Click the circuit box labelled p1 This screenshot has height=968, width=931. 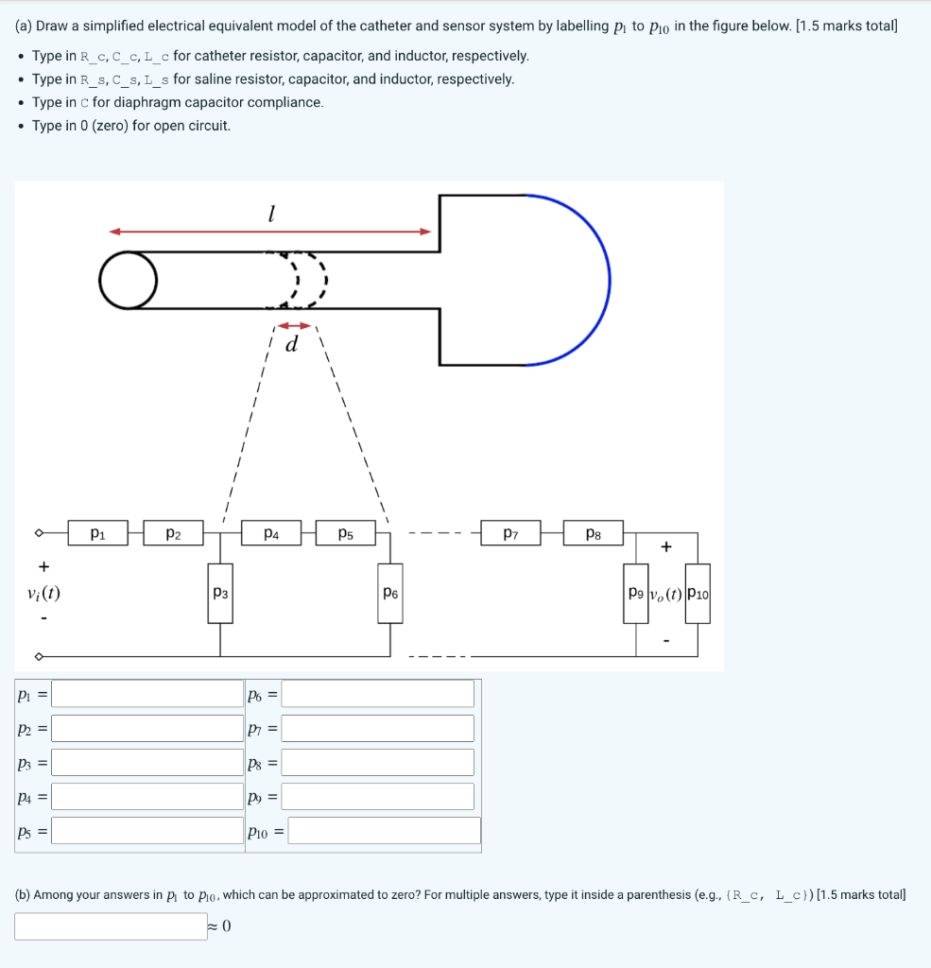tap(97, 533)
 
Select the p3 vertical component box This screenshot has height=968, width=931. tap(220, 594)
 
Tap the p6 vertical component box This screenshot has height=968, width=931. tap(390, 594)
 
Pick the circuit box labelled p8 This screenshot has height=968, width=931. tap(594, 533)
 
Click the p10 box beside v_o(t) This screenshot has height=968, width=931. tap(698, 594)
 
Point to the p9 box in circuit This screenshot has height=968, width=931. tap(635, 594)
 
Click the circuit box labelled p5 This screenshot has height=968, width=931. tap(346, 533)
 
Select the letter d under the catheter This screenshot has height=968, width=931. tap(291, 345)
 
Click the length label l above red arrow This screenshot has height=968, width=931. tap(270, 215)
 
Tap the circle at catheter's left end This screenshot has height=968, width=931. tap(129, 280)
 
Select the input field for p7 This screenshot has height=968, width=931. tap(378, 728)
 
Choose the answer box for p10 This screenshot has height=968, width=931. tap(384, 831)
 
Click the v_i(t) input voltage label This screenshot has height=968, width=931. tap(43, 594)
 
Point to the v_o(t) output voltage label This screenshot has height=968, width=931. tap(666, 595)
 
